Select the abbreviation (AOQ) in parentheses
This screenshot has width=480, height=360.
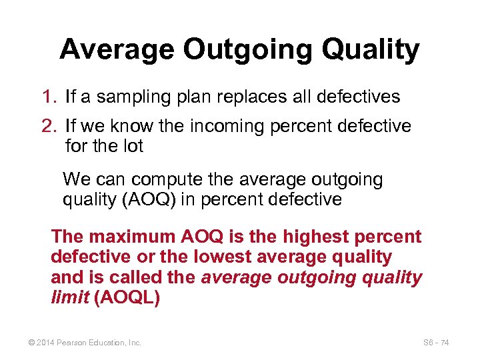[143, 199]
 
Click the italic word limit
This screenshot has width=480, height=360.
[70, 297]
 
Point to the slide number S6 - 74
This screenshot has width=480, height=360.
[436, 343]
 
